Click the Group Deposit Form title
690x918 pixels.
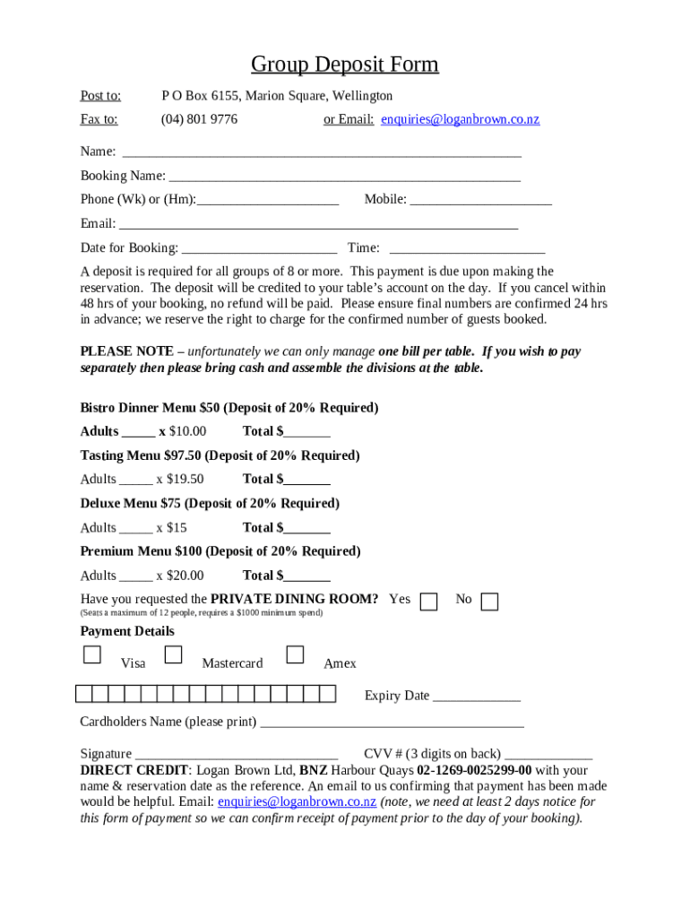pos(344,65)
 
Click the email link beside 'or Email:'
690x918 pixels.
pos(460,119)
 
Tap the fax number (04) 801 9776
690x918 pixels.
pos(199,119)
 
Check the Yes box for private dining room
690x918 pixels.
pos(429,602)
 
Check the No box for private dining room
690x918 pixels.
pos(489,602)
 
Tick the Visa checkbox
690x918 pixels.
pos(92,655)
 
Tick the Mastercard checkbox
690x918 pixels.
pos(174,655)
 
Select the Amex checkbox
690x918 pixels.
pos(295,655)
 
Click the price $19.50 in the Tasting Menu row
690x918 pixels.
pos(185,479)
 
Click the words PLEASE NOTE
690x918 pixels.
pos(123,352)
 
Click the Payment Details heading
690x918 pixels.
pos(127,631)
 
